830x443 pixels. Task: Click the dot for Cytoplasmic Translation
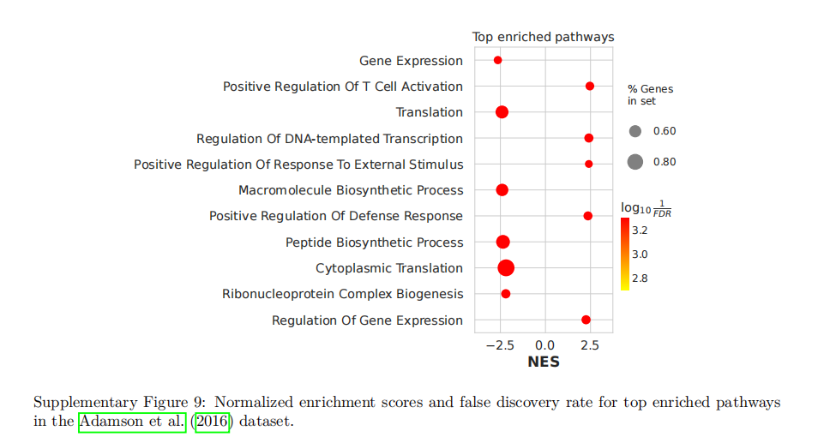pos(506,268)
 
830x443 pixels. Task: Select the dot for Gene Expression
pos(497,60)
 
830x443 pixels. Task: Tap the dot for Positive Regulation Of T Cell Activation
pos(590,87)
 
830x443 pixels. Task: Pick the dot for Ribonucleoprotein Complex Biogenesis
pos(506,294)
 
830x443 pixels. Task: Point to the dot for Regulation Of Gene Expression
pos(586,320)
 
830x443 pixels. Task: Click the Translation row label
pos(429,112)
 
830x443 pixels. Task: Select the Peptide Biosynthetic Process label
pos(374,242)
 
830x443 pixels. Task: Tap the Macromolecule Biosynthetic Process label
pos(351,190)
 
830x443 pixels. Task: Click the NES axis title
pos(544,362)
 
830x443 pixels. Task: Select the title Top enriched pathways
pos(543,37)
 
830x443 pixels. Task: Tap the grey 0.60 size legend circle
pos(635,131)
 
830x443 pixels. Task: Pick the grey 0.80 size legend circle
pos(635,161)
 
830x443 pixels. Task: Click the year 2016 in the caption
pos(212,422)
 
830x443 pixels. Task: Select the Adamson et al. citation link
pos(132,422)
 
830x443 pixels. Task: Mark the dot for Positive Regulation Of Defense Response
pos(588,216)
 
